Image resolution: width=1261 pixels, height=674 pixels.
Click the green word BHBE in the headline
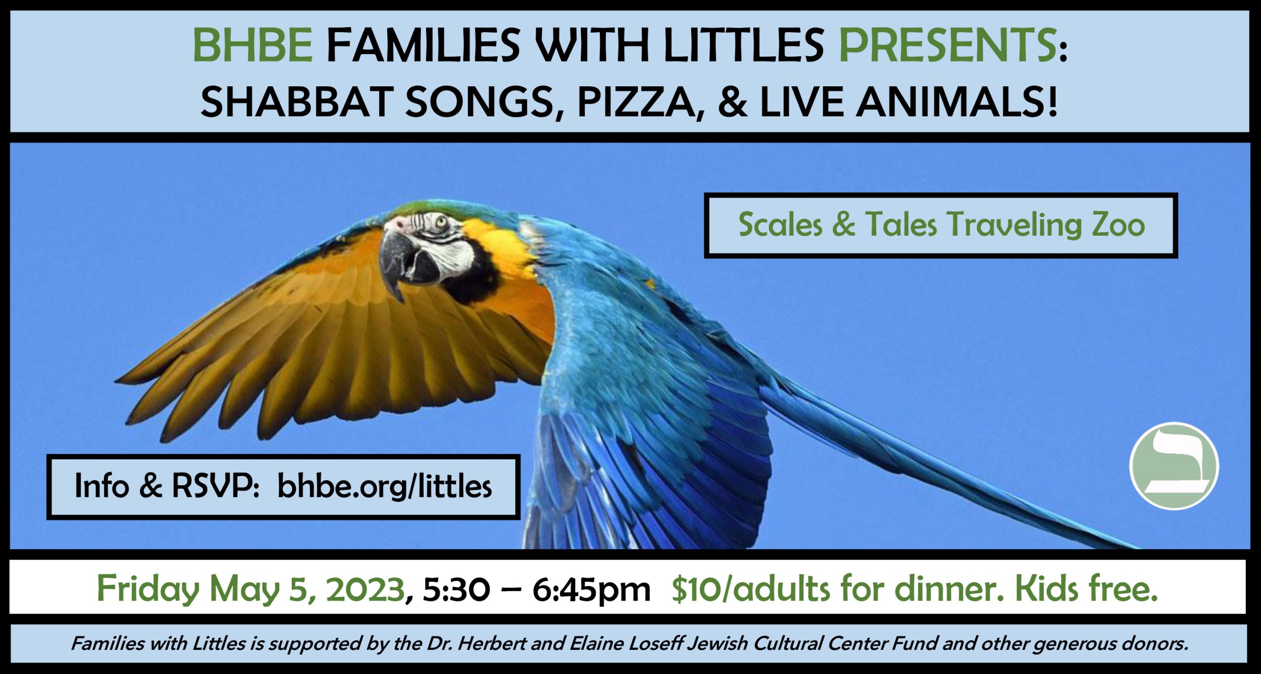tap(253, 45)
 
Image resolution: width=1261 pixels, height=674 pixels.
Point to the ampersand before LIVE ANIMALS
tap(732, 102)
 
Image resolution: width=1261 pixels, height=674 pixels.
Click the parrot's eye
tap(440, 221)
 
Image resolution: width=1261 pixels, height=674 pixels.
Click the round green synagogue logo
tap(1174, 465)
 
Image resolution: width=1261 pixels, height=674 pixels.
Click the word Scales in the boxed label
tap(780, 225)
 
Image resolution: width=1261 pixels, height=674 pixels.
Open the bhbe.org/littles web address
tap(384, 486)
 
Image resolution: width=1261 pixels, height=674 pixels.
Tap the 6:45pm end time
tap(591, 589)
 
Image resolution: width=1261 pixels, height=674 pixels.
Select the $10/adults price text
tap(751, 588)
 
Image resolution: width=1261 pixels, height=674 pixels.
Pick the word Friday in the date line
tap(148, 589)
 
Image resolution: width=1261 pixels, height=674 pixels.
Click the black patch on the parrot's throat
tap(473, 276)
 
